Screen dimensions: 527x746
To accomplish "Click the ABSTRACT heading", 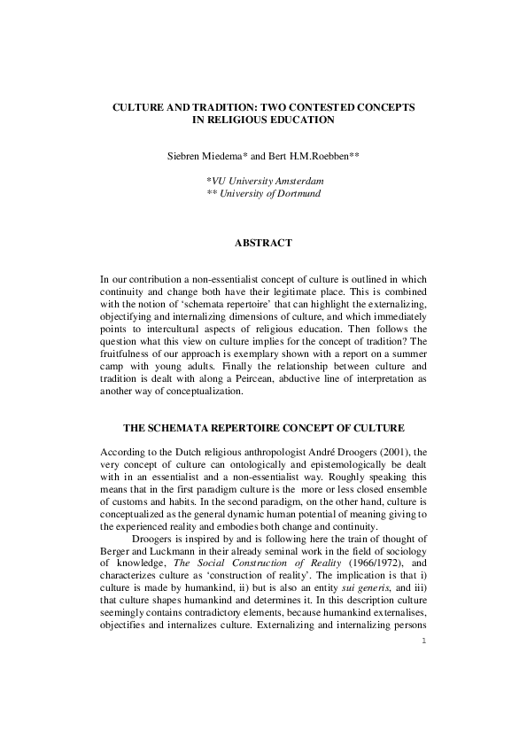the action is (263, 242).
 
